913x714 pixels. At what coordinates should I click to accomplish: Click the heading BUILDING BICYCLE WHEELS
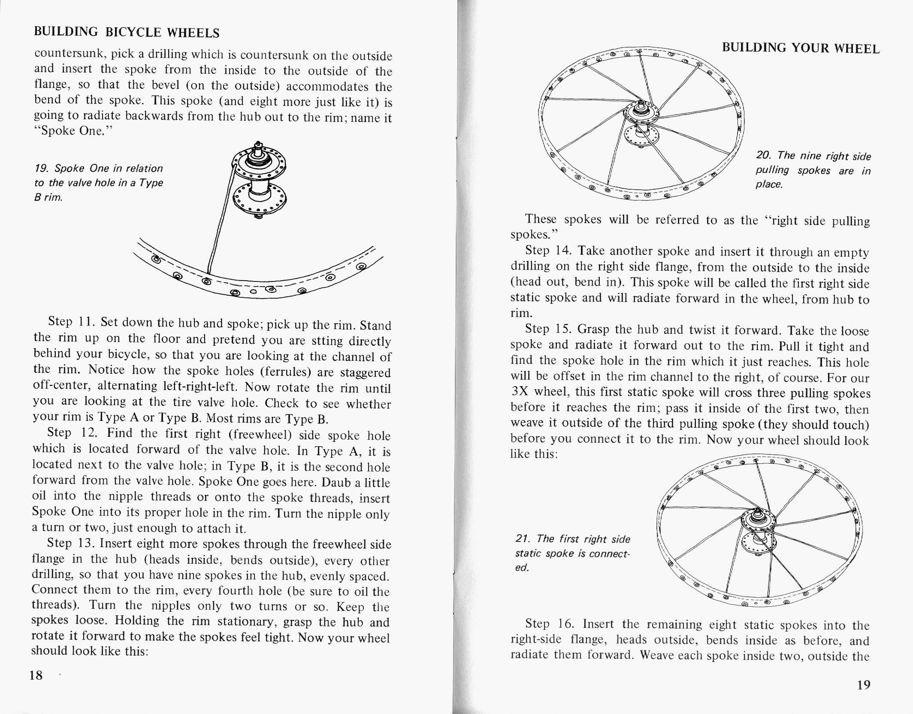pyautogui.click(x=127, y=32)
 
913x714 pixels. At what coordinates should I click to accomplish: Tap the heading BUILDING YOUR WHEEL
pyautogui.click(x=801, y=48)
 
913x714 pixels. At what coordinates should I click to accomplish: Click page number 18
pyautogui.click(x=36, y=675)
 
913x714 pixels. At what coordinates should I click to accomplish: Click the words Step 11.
pyautogui.click(x=68, y=321)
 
